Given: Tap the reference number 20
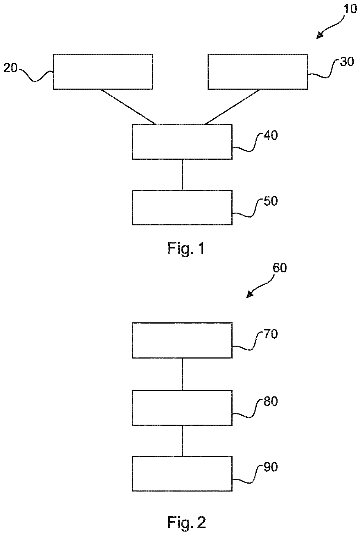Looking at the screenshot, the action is click(10, 69).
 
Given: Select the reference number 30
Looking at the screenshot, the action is click(347, 62).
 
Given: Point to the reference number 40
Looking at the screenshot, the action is click(271, 135).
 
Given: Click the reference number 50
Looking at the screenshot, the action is click(271, 201).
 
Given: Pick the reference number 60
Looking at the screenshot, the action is click(280, 268).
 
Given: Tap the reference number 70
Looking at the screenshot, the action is click(271, 334).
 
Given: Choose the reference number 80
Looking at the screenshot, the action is click(271, 401).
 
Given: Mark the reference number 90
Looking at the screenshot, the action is click(271, 467).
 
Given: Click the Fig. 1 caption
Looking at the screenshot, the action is click(186, 248).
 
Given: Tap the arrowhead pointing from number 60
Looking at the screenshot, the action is click(249, 295).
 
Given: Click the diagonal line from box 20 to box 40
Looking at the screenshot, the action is click(128, 107).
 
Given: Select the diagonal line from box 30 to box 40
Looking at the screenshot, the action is click(233, 107).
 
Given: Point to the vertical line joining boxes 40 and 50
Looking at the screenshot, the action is click(182, 175).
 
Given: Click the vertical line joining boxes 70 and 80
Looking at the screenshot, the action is click(182, 374).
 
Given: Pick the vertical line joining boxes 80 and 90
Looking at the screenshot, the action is click(182, 441).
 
